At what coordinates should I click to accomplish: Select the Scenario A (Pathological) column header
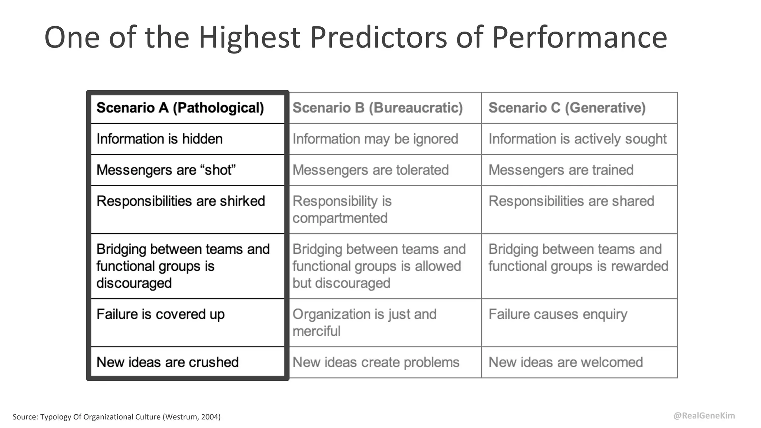click(180, 108)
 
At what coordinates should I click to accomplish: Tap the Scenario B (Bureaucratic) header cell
click(378, 108)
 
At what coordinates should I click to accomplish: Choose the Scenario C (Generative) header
click(567, 108)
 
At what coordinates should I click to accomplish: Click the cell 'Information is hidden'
click(159, 139)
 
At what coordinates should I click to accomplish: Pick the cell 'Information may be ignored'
click(375, 139)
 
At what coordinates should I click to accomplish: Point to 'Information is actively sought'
click(577, 139)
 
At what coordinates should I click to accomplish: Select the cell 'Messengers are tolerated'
click(370, 170)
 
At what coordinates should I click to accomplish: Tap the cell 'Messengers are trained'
click(561, 170)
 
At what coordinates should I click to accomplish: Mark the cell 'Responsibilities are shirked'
click(181, 201)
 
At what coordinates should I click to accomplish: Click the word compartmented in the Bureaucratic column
click(340, 218)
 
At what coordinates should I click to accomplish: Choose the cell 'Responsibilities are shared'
click(571, 201)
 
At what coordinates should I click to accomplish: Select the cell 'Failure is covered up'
click(161, 314)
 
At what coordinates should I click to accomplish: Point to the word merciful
click(316, 331)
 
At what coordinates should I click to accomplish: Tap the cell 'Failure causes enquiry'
click(558, 314)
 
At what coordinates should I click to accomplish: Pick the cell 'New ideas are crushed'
click(168, 362)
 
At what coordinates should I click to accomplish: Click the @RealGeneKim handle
click(704, 416)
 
